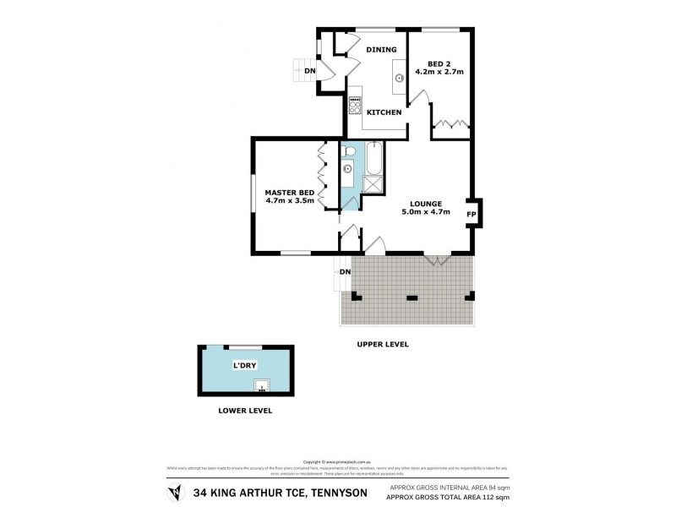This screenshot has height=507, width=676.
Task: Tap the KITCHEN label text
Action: [x=383, y=112]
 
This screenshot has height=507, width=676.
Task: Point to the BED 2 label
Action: [x=439, y=63]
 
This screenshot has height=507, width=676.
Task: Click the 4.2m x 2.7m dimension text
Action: [x=439, y=73]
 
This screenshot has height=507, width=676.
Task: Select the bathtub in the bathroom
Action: [x=373, y=157]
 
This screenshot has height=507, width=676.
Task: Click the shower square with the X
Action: [x=373, y=184]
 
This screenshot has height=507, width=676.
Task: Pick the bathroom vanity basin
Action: [x=347, y=169]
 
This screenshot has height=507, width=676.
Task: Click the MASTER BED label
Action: [x=290, y=192]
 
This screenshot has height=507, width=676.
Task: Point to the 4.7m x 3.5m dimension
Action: [x=290, y=201]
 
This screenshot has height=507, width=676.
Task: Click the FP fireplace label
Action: [x=472, y=215]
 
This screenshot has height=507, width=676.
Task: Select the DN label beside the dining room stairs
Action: [x=310, y=71]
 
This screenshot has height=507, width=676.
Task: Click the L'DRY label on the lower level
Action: [x=244, y=366]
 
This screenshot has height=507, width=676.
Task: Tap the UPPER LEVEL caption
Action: [x=383, y=345]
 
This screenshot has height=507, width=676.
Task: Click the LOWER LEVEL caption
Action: [x=244, y=410]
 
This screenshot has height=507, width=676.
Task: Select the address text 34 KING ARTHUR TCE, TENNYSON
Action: [x=280, y=493]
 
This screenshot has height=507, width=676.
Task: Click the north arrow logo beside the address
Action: [x=175, y=492]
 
